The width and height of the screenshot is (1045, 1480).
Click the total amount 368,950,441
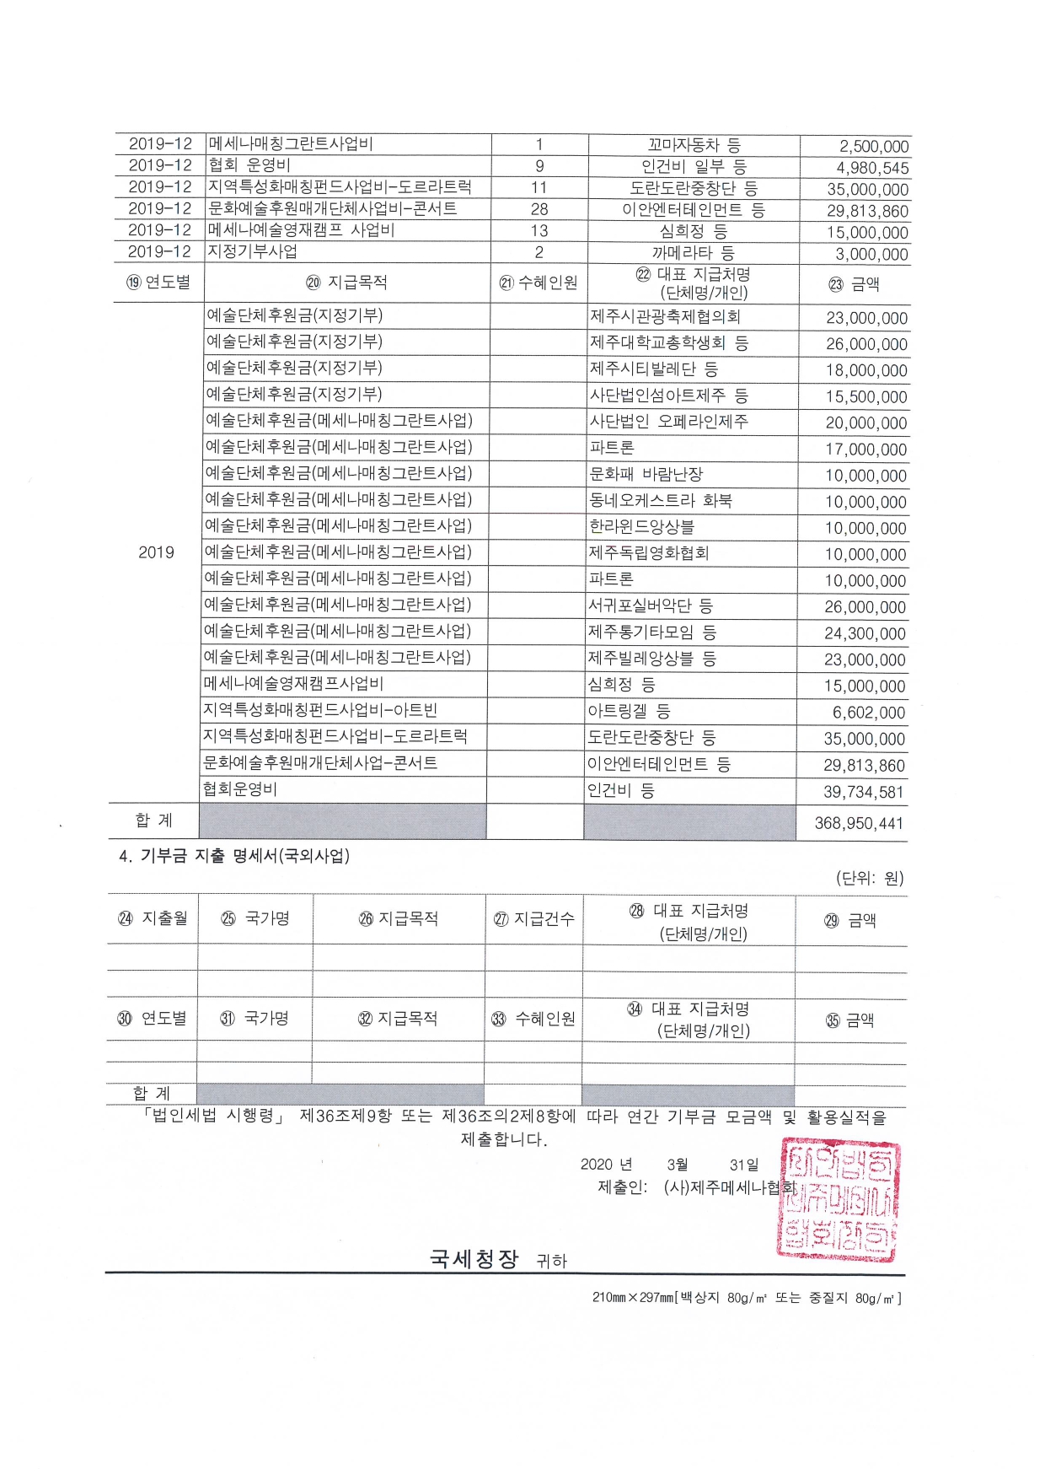859,823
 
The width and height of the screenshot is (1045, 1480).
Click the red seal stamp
838,1198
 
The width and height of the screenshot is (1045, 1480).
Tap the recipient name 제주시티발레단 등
653,369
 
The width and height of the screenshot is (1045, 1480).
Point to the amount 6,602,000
868,713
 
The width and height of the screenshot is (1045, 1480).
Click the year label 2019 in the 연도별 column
156,552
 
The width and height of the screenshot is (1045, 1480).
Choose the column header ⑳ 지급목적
346,283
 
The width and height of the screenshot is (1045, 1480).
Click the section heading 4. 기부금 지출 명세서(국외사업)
234,856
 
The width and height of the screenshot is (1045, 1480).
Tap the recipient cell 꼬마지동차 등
694,145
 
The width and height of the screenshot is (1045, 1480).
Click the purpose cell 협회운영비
240,789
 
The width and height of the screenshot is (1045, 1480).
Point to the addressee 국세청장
474,1259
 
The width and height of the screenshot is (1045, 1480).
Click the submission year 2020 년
606,1165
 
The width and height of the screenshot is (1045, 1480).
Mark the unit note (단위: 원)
869,878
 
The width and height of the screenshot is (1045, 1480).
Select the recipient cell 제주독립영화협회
649,553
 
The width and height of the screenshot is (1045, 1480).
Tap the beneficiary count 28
539,209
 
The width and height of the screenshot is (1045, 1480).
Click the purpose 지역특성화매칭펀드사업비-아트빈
320,710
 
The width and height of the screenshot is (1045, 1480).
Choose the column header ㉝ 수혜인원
533,1019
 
